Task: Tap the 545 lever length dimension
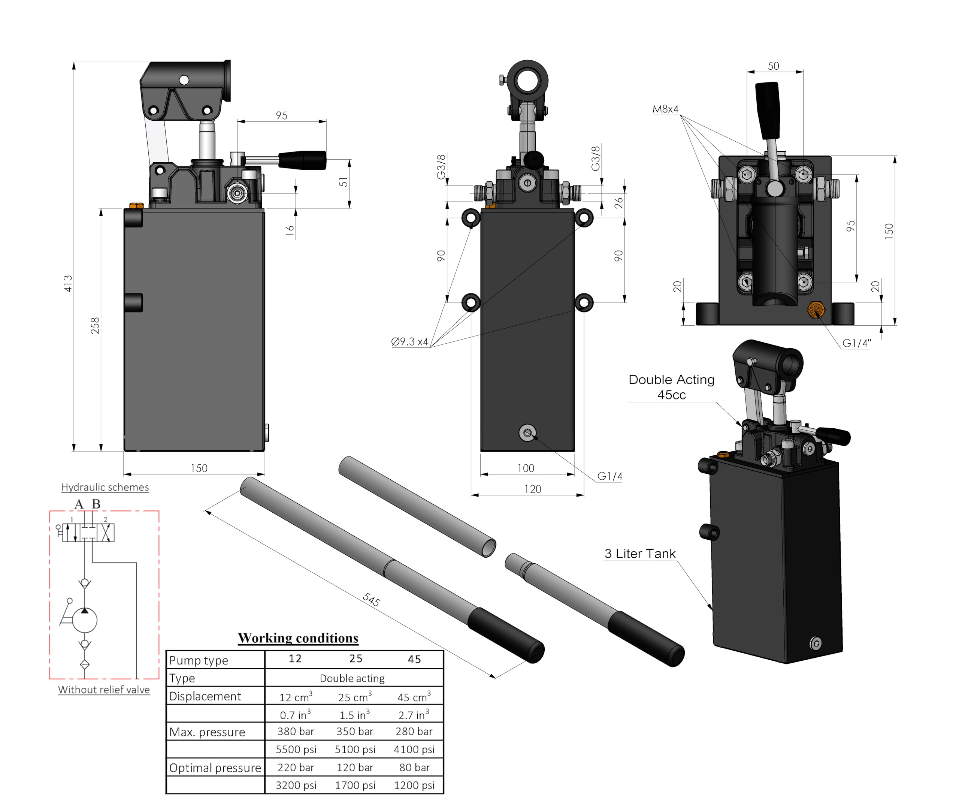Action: click(x=371, y=599)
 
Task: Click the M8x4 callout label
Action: click(x=665, y=109)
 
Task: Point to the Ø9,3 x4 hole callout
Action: click(x=409, y=342)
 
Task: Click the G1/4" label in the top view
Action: click(x=857, y=343)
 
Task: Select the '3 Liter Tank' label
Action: click(x=640, y=554)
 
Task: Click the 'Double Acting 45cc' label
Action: click(x=671, y=387)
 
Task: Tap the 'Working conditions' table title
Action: click(x=298, y=638)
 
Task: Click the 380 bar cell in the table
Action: click(x=296, y=732)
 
